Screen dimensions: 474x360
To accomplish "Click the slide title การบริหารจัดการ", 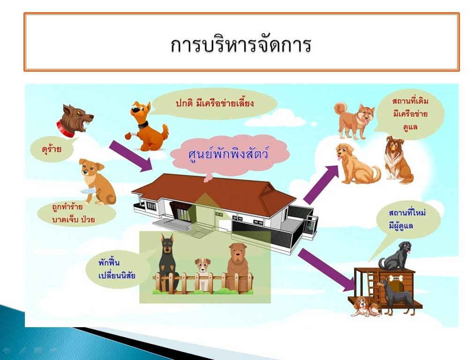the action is [x=241, y=45].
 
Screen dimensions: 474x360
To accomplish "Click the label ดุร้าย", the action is [x=52, y=149].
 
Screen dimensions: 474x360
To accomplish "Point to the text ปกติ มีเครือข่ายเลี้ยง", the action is [x=215, y=104].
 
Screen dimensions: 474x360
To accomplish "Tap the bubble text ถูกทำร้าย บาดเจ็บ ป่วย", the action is [x=74, y=213].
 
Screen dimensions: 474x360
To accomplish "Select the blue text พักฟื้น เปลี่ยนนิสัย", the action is [x=117, y=269].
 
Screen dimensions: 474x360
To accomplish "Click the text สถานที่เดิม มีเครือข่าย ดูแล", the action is [x=410, y=113].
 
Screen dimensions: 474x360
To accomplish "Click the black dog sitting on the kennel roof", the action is [x=395, y=256].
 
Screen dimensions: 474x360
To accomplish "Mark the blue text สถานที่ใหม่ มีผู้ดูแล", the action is [x=407, y=219].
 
